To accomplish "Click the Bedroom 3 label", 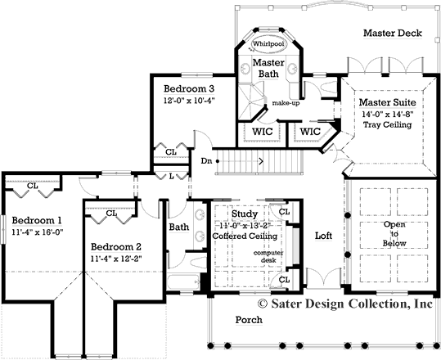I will click(x=188, y=88).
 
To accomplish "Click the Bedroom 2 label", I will click(x=116, y=247).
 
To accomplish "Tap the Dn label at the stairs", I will click(x=206, y=160).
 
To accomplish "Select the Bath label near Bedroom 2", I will click(x=178, y=227).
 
